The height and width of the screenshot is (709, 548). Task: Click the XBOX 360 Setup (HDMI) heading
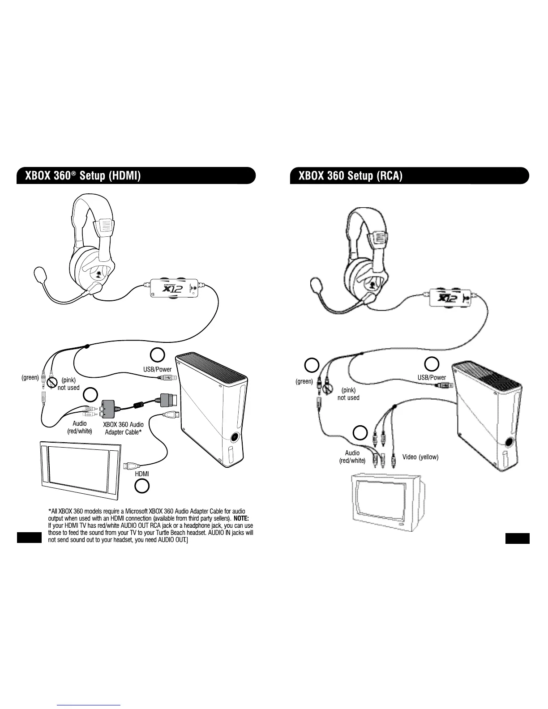pos(83,175)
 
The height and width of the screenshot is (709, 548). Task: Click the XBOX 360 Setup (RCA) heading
pos(351,175)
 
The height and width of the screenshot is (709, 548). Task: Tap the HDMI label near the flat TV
pos(142,474)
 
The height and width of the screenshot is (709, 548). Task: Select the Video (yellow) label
pos(420,457)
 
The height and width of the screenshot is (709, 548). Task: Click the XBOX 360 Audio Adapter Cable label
pos(124,428)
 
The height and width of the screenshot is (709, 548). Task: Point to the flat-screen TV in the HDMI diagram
pos(80,469)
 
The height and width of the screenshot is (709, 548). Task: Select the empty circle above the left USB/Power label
pos(157,354)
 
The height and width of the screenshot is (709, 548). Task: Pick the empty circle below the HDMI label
pos(142,486)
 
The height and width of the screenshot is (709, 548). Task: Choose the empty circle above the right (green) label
pos(312,365)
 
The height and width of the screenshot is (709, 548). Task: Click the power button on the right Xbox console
pos(509,442)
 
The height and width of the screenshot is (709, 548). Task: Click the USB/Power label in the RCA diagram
pos(432,377)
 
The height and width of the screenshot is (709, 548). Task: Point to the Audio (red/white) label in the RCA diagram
pos(352,457)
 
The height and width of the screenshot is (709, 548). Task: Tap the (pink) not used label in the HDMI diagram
pos(68,384)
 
